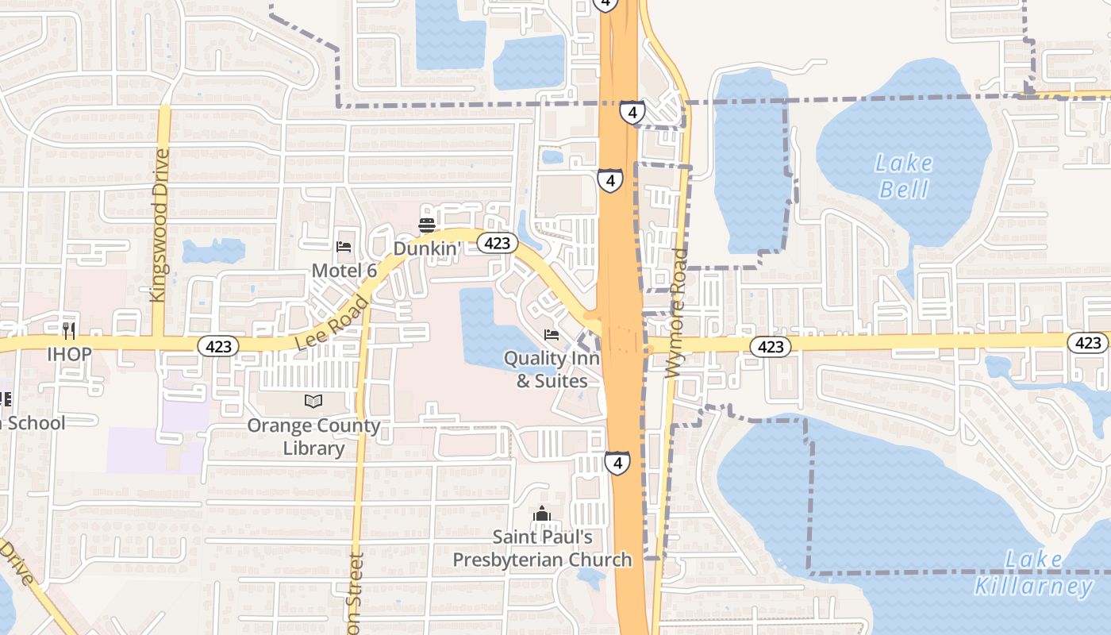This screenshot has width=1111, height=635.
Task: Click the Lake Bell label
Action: tap(904, 176)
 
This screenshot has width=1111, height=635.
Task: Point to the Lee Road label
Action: tap(333, 322)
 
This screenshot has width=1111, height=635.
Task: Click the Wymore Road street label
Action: tap(677, 314)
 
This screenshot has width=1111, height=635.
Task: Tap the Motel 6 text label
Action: tap(344, 271)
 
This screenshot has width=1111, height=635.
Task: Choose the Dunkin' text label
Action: tap(427, 248)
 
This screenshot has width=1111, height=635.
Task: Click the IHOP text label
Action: tap(69, 353)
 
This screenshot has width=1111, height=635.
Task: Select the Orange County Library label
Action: tap(313, 437)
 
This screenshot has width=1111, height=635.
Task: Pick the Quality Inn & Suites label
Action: tap(552, 370)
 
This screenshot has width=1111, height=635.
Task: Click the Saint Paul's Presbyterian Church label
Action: tap(542, 548)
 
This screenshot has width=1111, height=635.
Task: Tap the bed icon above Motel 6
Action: tap(344, 247)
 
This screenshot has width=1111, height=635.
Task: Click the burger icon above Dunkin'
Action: tap(427, 225)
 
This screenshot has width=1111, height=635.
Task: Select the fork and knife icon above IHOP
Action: tap(69, 330)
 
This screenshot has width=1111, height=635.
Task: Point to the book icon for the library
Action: tap(313, 402)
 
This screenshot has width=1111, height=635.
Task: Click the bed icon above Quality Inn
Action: tap(552, 335)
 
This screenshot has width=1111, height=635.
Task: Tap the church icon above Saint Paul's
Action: tap(542, 514)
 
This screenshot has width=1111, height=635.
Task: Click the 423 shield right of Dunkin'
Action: tap(497, 244)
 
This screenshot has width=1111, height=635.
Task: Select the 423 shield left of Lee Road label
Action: tap(217, 346)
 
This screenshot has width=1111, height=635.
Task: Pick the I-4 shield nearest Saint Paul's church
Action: tap(617, 462)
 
